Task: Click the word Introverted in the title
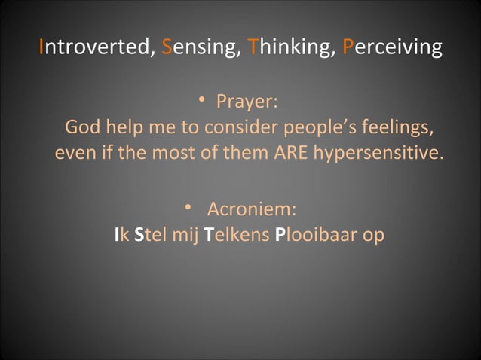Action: click(97, 48)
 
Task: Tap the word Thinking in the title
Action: click(287, 48)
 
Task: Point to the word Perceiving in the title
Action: click(392, 48)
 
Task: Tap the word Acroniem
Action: click(256, 208)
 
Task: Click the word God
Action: click(83, 126)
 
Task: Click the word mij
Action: click(187, 235)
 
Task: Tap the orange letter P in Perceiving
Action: click(347, 48)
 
